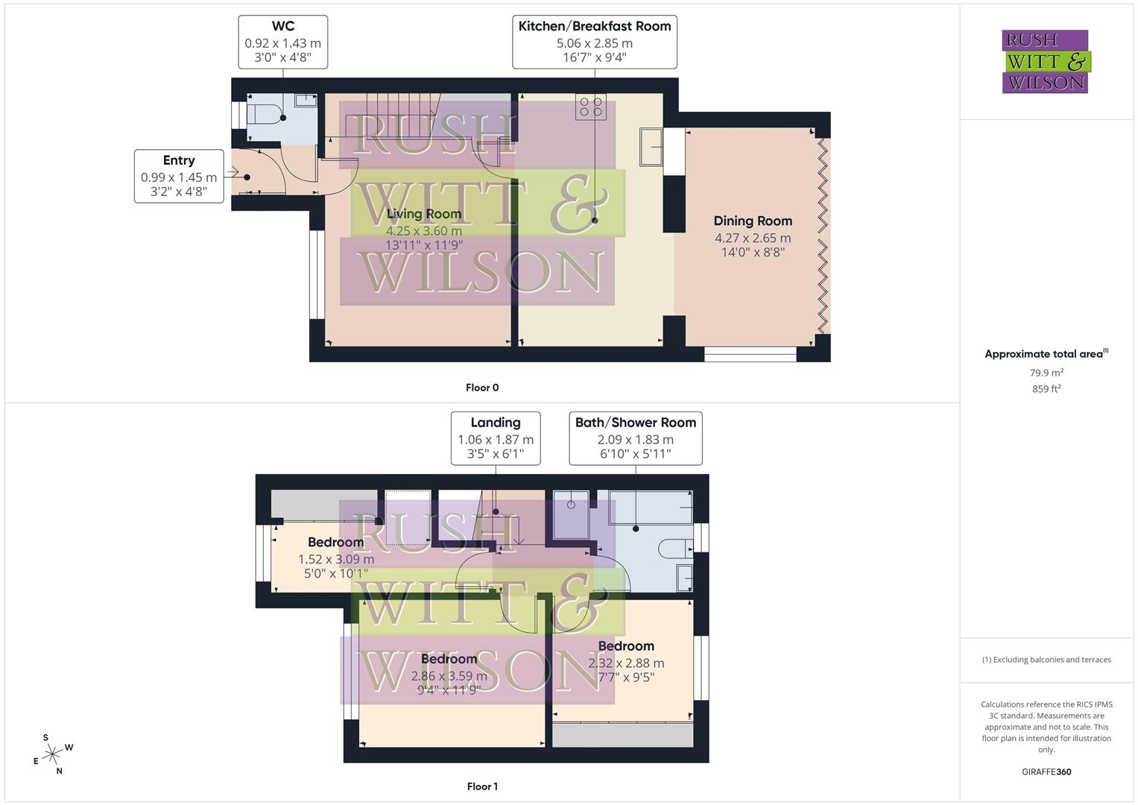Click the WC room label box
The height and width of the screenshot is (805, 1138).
click(x=283, y=42)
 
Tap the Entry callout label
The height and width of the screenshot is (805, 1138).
click(x=179, y=176)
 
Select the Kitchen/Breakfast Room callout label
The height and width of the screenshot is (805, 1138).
click(x=594, y=42)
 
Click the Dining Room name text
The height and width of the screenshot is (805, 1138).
click(x=753, y=221)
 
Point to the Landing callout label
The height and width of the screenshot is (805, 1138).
click(x=496, y=439)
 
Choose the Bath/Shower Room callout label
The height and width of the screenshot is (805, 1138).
click(x=636, y=439)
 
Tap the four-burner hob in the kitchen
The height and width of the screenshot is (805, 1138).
click(x=590, y=107)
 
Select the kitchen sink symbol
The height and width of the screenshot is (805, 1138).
click(x=651, y=147)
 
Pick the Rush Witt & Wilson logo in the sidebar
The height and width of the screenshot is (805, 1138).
click(x=1045, y=61)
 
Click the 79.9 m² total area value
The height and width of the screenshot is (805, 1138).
click(x=1046, y=373)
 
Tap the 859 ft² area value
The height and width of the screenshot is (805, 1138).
click(x=1046, y=389)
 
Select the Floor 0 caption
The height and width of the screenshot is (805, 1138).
click(x=482, y=388)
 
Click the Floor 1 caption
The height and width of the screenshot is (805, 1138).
click(x=482, y=786)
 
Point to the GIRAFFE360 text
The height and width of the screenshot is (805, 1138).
click(x=1046, y=772)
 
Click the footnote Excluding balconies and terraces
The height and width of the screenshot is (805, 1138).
click(x=1046, y=660)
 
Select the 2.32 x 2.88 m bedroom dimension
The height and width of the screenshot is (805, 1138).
click(x=626, y=663)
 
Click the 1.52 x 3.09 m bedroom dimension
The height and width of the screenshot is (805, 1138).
click(x=336, y=559)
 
